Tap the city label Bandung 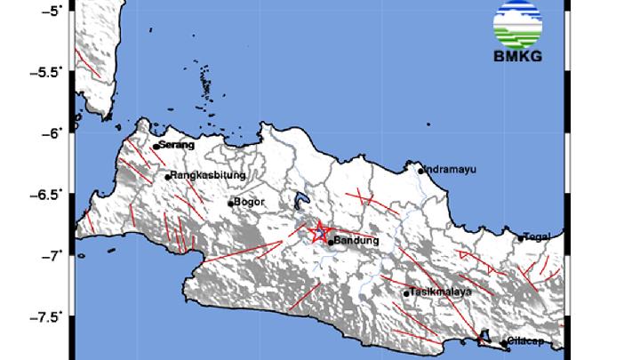coord(356,240)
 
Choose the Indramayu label coord(449,168)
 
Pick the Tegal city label coord(539,236)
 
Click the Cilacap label coord(526,341)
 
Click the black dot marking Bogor coord(230,204)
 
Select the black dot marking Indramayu coord(420,171)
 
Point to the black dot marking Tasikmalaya coord(406,293)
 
